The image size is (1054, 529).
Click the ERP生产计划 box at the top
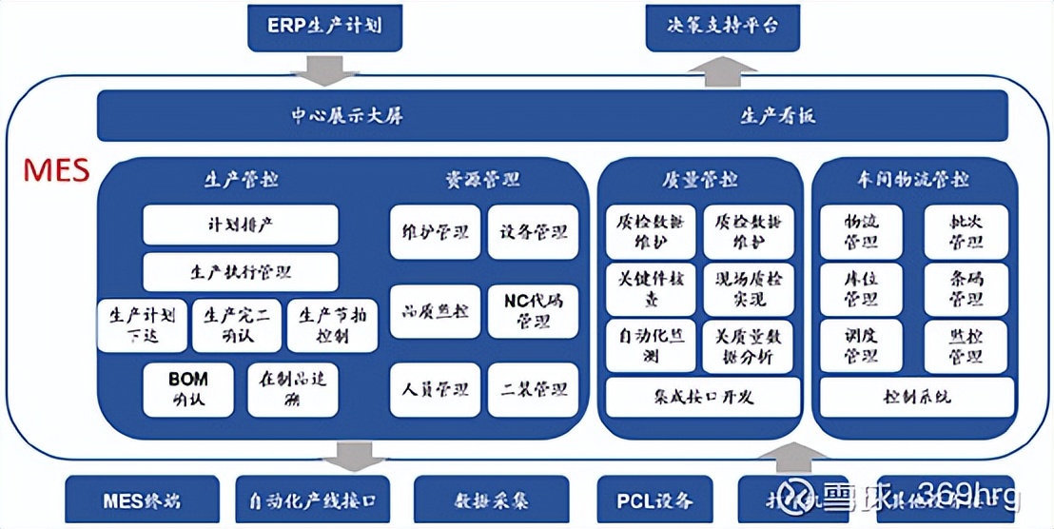click(x=323, y=26)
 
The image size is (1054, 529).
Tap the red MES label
click(x=56, y=171)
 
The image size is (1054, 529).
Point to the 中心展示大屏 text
click(x=346, y=116)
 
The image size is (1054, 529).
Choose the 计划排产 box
click(x=241, y=225)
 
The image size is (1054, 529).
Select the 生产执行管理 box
click(x=241, y=272)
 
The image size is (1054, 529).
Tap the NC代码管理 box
click(x=533, y=311)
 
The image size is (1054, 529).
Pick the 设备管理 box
click(x=533, y=232)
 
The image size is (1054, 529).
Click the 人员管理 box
click(x=435, y=390)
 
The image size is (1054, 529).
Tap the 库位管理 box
click(x=861, y=289)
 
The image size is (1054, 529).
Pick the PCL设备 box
click(x=655, y=500)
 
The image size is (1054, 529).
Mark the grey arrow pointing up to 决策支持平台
click(x=722, y=69)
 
